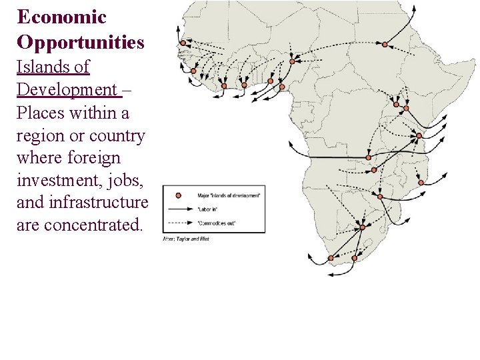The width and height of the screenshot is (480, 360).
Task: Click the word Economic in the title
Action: click(61, 17)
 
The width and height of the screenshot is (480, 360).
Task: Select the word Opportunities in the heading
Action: click(80, 42)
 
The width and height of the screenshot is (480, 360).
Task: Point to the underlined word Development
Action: click(66, 89)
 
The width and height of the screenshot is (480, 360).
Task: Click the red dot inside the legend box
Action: click(178, 195)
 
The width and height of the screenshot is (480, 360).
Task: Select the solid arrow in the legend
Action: click(178, 209)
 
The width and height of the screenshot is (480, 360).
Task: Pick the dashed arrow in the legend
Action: click(178, 222)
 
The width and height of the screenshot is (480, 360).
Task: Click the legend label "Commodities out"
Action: click(217, 223)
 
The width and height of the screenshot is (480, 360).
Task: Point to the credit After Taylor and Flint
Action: click(187, 239)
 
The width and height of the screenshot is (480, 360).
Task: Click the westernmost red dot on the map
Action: click(183, 43)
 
